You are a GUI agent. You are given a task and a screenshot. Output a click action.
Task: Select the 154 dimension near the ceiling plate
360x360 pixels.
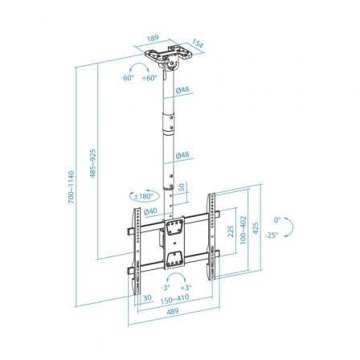tap(198, 43)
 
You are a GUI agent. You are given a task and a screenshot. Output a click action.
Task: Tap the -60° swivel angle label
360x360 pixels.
tap(128, 79)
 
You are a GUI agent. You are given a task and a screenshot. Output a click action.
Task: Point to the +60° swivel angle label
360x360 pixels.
tap(149, 79)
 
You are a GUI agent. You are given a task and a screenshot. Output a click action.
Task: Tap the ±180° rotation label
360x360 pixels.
tap(145, 197)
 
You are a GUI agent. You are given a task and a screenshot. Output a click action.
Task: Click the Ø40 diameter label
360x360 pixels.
tap(150, 211)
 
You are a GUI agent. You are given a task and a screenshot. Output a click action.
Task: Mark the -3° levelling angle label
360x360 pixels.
tap(164, 287)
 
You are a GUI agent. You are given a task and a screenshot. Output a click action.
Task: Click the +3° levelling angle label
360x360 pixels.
tap(186, 287)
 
